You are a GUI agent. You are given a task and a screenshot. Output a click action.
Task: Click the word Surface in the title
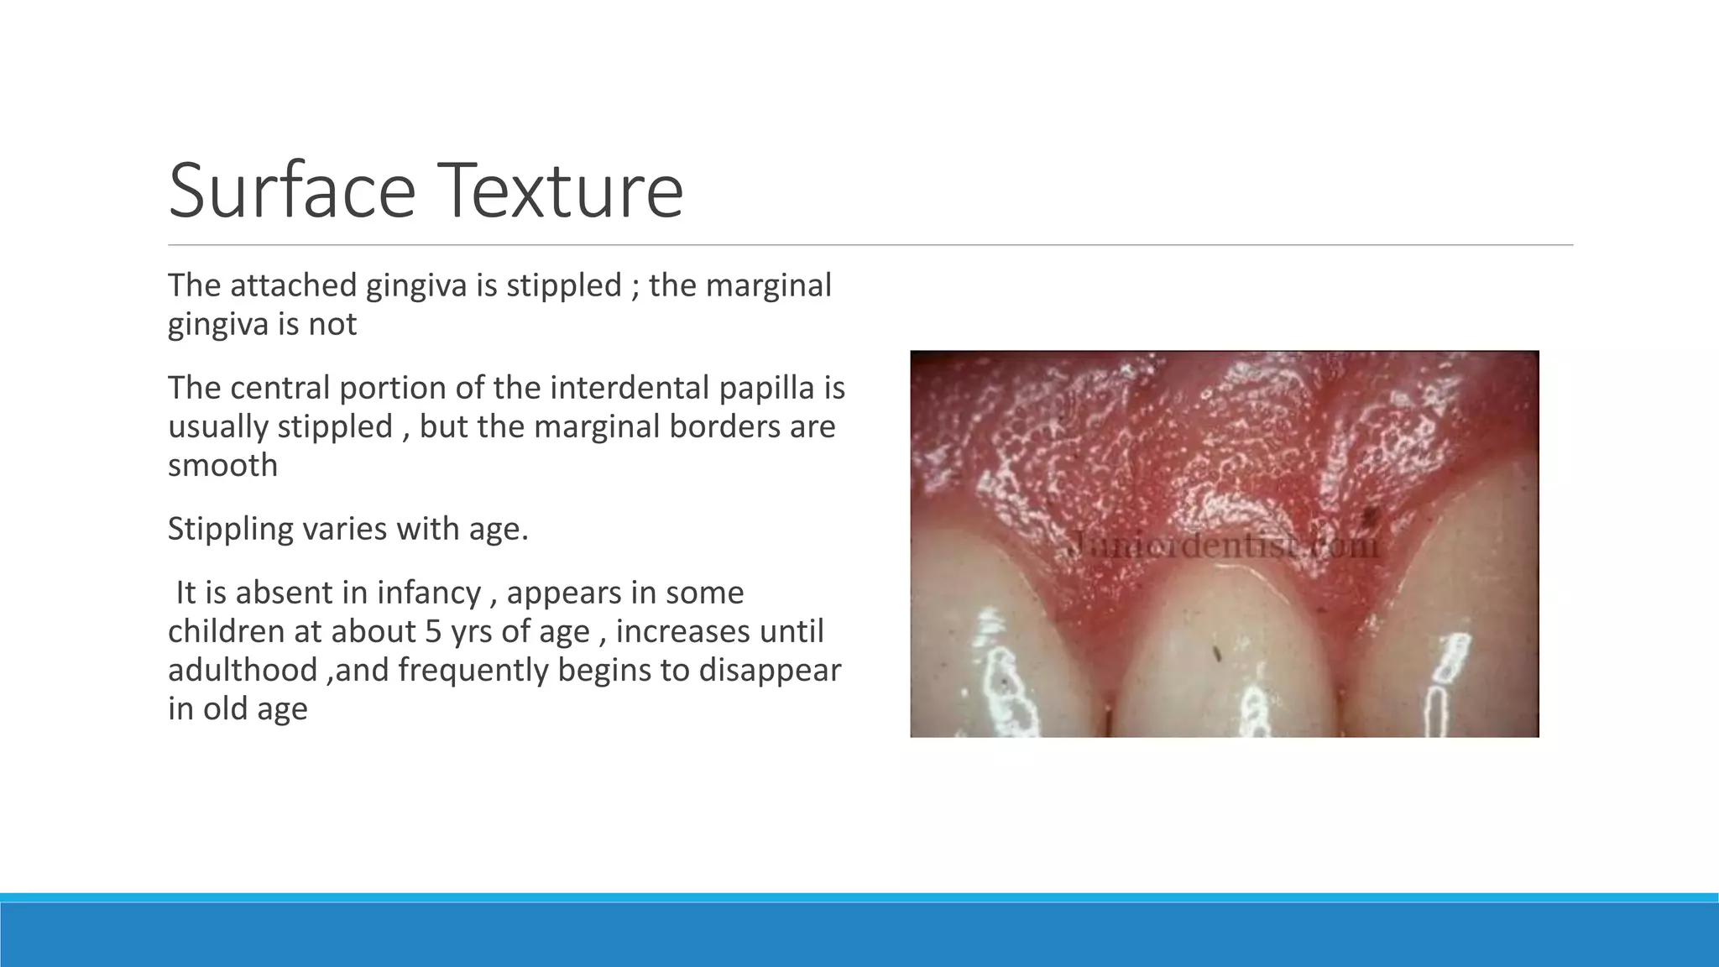coord(291,191)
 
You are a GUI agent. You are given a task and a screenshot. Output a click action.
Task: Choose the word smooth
coord(222,465)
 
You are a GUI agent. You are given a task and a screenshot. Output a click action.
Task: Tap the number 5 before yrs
coord(432,631)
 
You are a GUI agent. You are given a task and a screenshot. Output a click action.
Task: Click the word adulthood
coord(242,670)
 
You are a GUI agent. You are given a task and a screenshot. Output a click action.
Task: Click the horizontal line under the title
coord(870,245)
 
